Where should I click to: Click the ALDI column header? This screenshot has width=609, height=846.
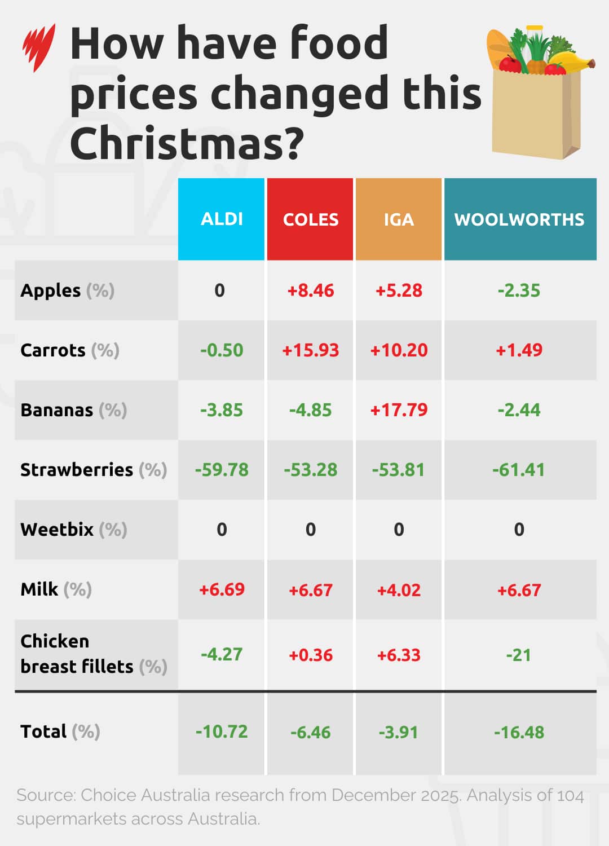[x=222, y=219]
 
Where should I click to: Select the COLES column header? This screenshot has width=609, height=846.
[x=310, y=219]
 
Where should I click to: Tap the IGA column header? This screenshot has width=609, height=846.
[x=399, y=219]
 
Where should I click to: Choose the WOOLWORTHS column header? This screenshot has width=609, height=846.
[x=519, y=219]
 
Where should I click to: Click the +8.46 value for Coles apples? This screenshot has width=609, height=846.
[x=310, y=290]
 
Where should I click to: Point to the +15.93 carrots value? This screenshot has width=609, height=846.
[x=310, y=350]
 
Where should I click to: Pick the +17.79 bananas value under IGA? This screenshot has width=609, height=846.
[x=399, y=410]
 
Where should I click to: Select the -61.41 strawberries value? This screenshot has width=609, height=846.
[x=519, y=470]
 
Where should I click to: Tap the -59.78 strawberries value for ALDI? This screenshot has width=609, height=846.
[x=222, y=470]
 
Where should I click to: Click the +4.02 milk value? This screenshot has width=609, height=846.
[x=399, y=590]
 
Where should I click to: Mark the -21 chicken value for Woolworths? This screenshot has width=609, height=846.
[x=519, y=655]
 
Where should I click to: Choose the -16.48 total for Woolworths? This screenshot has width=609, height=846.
[x=519, y=732]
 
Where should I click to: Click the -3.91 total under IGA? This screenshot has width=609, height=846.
[x=399, y=732]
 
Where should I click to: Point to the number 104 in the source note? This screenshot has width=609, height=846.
[x=570, y=795]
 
